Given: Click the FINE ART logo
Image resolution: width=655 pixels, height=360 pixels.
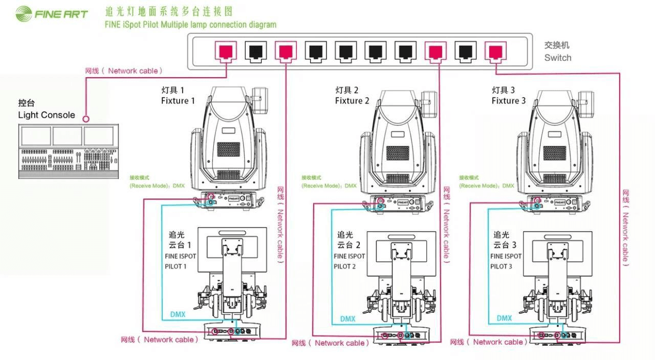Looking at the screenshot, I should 51,14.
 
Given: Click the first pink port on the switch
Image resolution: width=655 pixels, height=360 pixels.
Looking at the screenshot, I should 225,52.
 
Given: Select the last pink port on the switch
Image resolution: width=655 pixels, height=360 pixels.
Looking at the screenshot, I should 495,52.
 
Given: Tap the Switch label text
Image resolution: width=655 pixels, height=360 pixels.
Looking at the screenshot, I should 557,58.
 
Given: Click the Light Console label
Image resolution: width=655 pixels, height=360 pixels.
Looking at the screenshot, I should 46,115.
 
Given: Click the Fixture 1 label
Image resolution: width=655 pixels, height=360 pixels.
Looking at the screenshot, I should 178,101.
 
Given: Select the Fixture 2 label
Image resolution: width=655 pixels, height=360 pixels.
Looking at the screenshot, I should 352,101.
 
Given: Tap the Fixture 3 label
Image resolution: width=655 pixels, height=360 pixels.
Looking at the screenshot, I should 508,101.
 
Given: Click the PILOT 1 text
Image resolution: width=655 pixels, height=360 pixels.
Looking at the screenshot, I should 176,266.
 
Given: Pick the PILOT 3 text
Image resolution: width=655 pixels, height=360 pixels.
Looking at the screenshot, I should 501,266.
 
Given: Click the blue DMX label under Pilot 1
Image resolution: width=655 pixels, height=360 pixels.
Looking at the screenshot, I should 178,314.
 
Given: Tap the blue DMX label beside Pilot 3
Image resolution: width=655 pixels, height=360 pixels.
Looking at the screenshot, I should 504,318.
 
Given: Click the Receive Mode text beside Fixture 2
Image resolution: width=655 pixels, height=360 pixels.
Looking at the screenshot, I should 329,186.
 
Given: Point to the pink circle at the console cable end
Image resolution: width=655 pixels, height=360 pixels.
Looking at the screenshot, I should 86,119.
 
